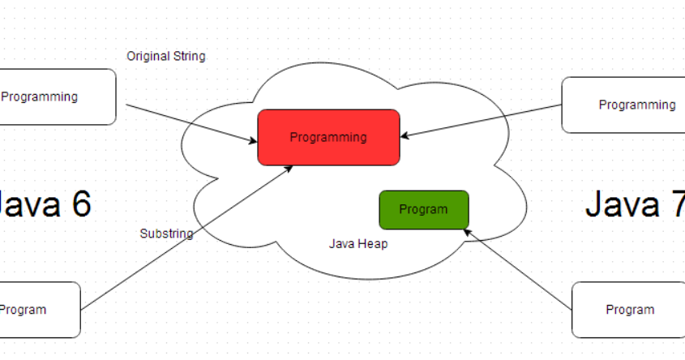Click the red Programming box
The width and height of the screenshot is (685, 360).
328,138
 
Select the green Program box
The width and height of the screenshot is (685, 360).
424,210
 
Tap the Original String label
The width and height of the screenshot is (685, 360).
166,57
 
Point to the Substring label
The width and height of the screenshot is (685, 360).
166,234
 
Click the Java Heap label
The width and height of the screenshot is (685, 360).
358,244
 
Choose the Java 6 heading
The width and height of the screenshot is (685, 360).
44,204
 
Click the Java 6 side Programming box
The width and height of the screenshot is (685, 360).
58,97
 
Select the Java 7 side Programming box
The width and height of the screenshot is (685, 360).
623,105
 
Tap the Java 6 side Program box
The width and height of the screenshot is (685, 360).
41,310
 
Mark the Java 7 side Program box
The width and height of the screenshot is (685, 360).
628,310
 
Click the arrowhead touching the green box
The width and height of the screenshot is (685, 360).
467,232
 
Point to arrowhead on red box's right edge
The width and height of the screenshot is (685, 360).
405,136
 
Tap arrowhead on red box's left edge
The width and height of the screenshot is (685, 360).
253,141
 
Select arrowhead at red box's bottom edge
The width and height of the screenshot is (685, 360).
289,169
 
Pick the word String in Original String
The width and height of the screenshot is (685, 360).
189,57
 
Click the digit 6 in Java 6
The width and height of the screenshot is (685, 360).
82,204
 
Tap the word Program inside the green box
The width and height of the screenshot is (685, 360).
423,210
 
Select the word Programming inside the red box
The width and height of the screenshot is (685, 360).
328,138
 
